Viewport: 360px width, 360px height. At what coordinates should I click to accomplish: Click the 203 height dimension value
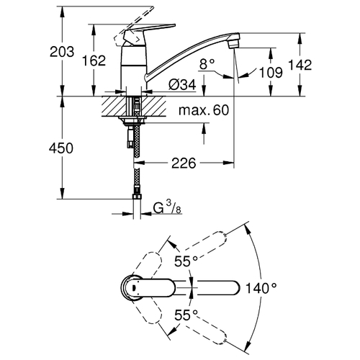[x=62, y=52]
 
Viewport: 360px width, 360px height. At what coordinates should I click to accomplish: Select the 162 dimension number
[x=94, y=60]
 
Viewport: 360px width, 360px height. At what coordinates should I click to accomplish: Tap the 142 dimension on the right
[x=300, y=65]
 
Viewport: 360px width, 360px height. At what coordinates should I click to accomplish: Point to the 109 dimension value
[x=271, y=73]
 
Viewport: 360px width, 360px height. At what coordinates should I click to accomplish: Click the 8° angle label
[x=207, y=64]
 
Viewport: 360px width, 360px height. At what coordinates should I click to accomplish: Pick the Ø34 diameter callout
[x=182, y=84]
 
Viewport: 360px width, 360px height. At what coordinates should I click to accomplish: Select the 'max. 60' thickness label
[x=204, y=110]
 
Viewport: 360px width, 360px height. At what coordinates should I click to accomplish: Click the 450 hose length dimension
[x=61, y=148]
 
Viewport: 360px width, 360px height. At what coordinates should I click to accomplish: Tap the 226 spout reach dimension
[x=184, y=163]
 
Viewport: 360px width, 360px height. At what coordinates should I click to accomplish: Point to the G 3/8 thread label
[x=167, y=207]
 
